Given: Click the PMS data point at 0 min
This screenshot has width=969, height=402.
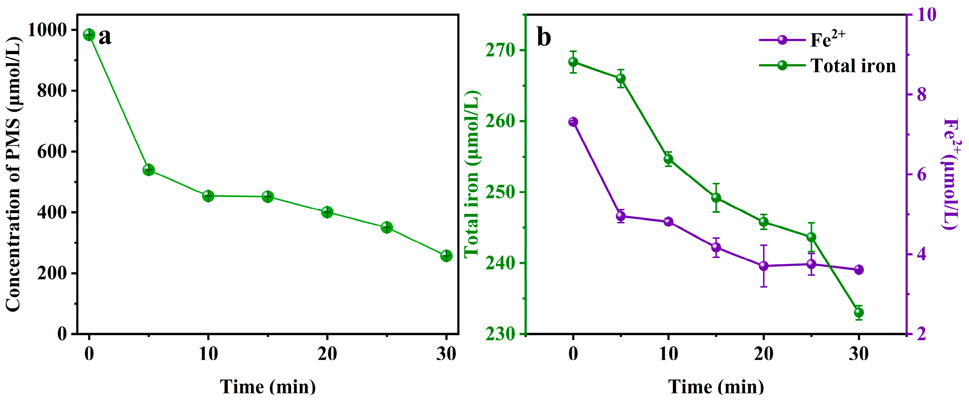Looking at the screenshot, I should tap(89, 35).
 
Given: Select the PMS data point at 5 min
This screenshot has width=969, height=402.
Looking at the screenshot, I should tap(148, 170).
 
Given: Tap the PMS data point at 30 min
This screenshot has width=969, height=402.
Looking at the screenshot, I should tap(446, 256).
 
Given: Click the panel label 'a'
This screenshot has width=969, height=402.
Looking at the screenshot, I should tap(105, 37).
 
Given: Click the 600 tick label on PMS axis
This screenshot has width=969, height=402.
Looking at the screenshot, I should tap(52, 152).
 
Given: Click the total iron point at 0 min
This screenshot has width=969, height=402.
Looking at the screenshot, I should tap(573, 62).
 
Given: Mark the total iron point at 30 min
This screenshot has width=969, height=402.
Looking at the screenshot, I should tap(859, 312).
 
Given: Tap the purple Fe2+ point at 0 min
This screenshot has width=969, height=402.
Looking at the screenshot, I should tap(573, 122).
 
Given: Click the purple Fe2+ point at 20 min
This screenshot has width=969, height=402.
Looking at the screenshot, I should tap(764, 266).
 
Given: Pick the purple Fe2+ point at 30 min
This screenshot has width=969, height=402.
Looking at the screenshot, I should tap(859, 270).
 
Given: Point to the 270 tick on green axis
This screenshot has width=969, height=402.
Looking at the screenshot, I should tap(500, 51).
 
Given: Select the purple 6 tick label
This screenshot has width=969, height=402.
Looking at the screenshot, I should tap(921, 175).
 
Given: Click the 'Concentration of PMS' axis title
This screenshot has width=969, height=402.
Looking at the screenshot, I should tap(13, 174).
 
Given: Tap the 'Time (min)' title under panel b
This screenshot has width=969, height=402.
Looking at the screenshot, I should tap(716, 387).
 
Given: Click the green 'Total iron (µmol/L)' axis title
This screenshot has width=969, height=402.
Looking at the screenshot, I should tap(472, 174).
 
